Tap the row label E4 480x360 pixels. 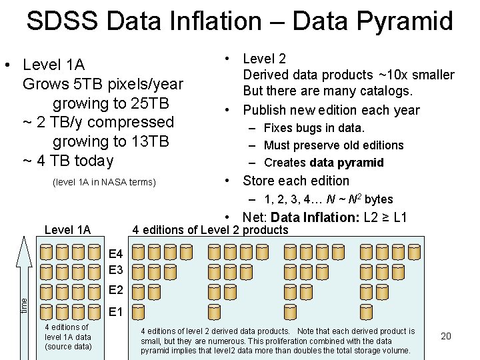pyautogui.click(x=115, y=254)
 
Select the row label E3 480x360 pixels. pyautogui.click(x=115, y=270)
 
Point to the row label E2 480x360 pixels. pyautogui.click(x=115, y=291)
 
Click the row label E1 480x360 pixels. pyautogui.click(x=115, y=311)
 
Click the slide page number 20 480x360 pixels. pyautogui.click(x=446, y=336)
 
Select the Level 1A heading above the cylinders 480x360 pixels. pyautogui.click(x=67, y=230)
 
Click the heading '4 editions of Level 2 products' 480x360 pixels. pyautogui.click(x=210, y=230)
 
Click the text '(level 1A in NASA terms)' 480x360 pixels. pyautogui.click(x=103, y=182)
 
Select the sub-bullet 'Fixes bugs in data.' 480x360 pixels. pyautogui.click(x=314, y=127)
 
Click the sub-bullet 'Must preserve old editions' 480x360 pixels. pyautogui.click(x=333, y=145)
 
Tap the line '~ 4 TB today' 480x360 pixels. pyautogui.click(x=68, y=161)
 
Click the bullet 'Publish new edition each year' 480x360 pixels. pyautogui.click(x=331, y=110)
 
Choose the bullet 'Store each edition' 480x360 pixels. pyautogui.click(x=295, y=181)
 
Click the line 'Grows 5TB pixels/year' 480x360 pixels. pyautogui.click(x=103, y=84)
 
